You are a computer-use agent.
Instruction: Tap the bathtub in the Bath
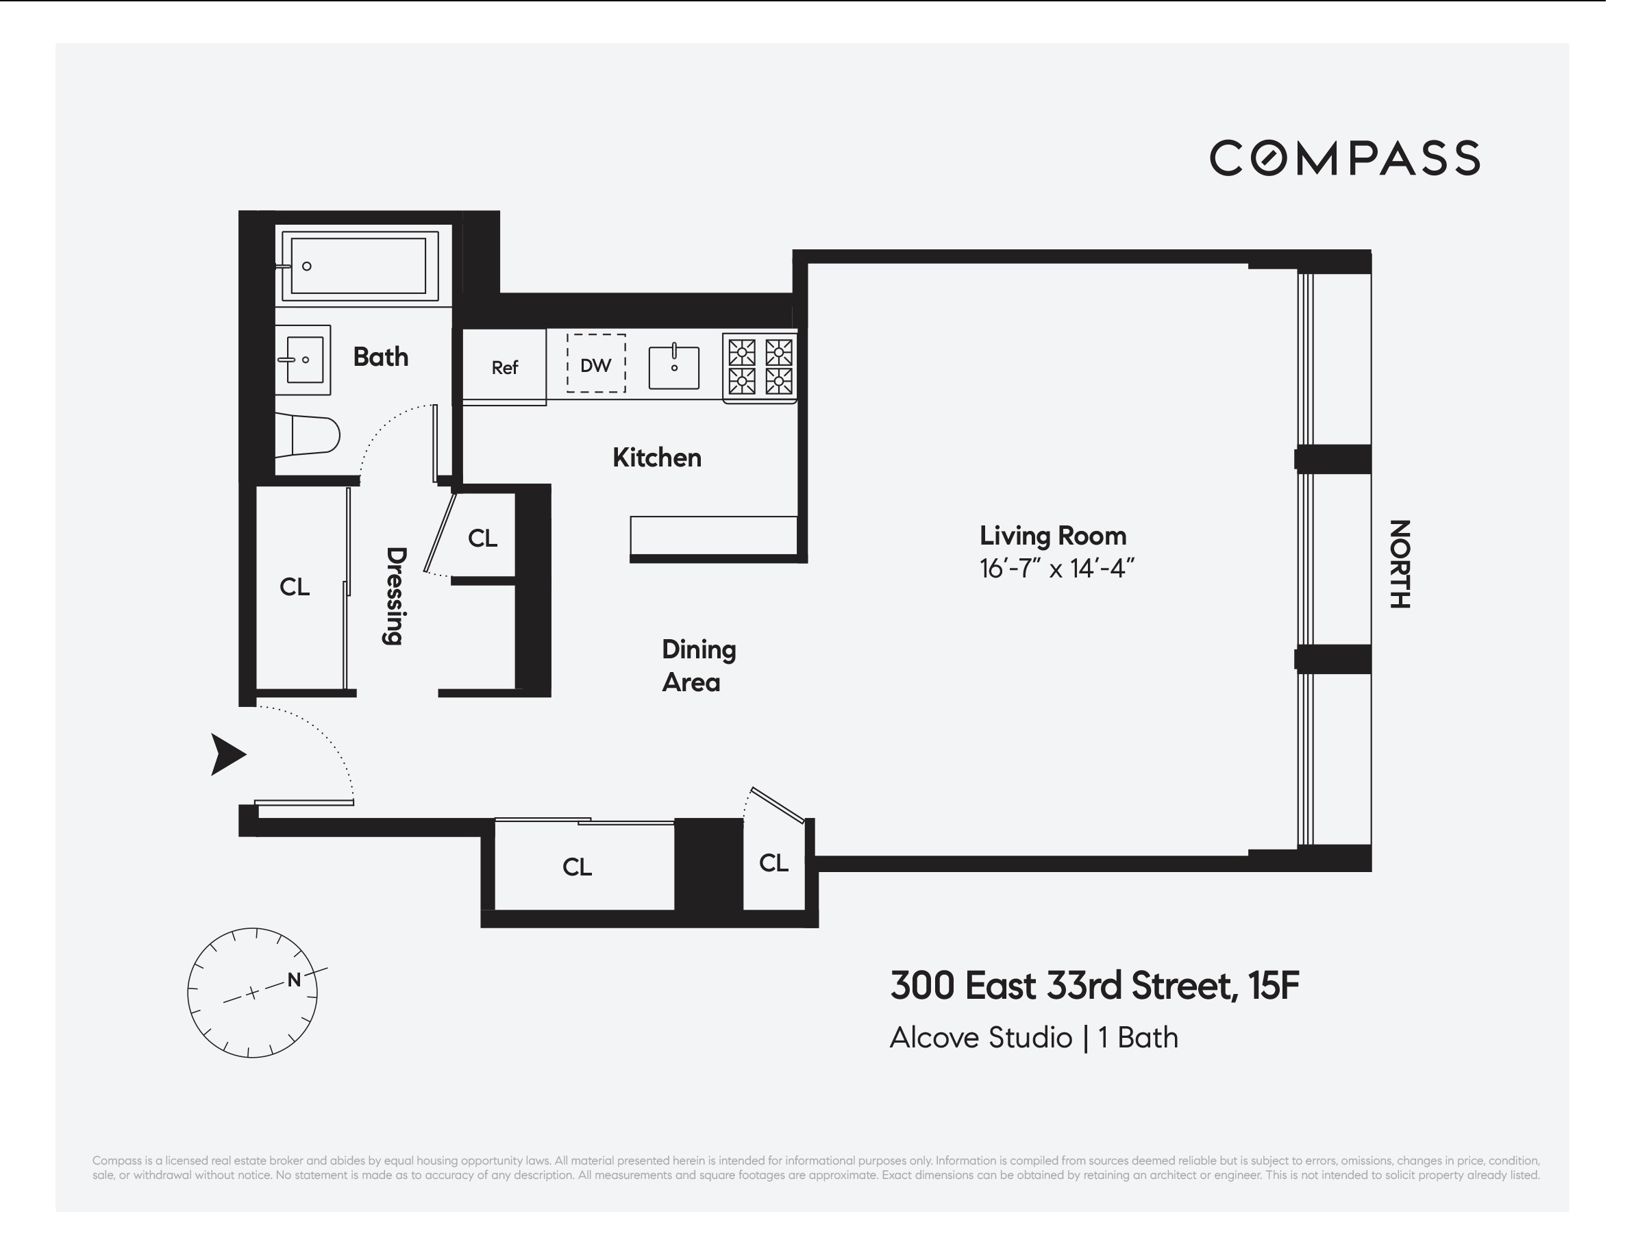pyautogui.click(x=358, y=266)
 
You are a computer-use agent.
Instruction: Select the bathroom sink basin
pyautogui.click(x=304, y=360)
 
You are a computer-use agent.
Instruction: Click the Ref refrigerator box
pyautogui.click(x=504, y=367)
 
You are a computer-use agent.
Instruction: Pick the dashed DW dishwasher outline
pyautogui.click(x=596, y=364)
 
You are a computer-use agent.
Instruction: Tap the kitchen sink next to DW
pyautogui.click(x=674, y=367)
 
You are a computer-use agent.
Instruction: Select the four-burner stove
pyautogui.click(x=760, y=367)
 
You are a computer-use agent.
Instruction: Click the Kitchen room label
pyautogui.click(x=656, y=458)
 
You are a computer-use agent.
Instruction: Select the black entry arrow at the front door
pyautogui.click(x=226, y=754)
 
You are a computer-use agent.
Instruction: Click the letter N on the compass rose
pyautogui.click(x=294, y=980)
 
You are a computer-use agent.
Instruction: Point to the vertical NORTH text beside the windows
pyautogui.click(x=1400, y=564)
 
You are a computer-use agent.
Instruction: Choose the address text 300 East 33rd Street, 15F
pyautogui.click(x=1094, y=986)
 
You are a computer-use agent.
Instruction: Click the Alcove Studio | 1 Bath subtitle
pyautogui.click(x=1034, y=1038)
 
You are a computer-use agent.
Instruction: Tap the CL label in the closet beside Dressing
pyautogui.click(x=295, y=588)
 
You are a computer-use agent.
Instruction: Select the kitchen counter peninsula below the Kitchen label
pyautogui.click(x=712, y=535)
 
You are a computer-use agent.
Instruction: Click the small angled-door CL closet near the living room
pyautogui.click(x=774, y=863)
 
